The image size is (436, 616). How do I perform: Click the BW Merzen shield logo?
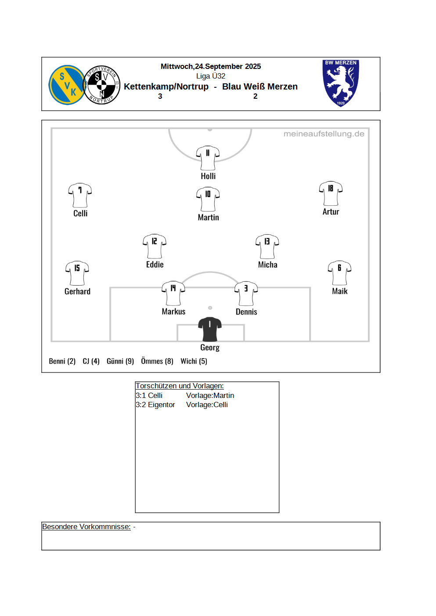(x=341, y=83)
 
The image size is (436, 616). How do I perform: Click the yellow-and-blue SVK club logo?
(x=67, y=85)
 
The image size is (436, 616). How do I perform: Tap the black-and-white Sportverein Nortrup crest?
(x=102, y=85)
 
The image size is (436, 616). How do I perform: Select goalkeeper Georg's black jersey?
(x=210, y=329)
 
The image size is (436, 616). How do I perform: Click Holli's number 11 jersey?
(x=208, y=158)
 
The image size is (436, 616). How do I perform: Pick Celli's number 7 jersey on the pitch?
(x=80, y=195)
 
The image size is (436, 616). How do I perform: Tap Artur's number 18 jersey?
(x=331, y=193)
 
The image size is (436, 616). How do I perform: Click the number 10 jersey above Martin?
(x=208, y=199)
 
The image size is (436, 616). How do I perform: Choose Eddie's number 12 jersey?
(x=155, y=246)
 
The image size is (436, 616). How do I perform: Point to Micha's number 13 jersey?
(x=267, y=247)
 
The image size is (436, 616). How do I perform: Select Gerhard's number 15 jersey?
(x=77, y=273)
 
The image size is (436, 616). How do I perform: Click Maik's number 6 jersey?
(x=339, y=273)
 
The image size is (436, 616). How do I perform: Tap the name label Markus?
(x=173, y=312)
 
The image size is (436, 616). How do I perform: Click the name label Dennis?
(x=246, y=312)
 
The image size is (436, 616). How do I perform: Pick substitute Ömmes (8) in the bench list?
(x=157, y=361)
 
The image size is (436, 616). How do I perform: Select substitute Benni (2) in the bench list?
(x=62, y=361)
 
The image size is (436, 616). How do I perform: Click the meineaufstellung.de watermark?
(x=324, y=134)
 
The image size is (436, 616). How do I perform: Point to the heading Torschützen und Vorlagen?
(x=180, y=386)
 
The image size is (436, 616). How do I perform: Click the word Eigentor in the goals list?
(x=161, y=405)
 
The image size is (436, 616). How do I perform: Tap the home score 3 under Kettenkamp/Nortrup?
(x=160, y=96)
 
